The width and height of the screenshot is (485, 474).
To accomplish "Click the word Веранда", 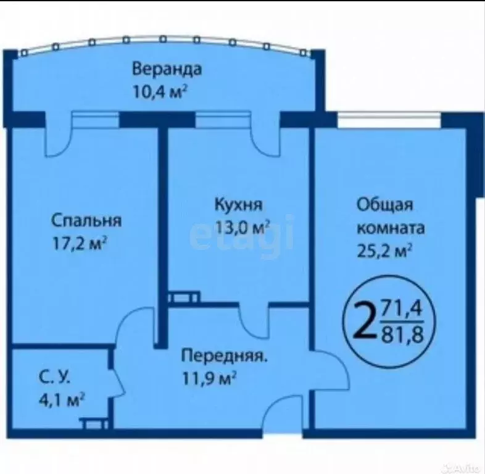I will coord(167,68).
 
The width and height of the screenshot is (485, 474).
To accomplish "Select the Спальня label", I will coord(86,220).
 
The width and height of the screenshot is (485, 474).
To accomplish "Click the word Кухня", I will coord(239,204).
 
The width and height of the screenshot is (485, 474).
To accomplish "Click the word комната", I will coord(390,228).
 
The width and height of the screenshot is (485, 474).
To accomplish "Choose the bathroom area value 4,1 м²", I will coord(59,400).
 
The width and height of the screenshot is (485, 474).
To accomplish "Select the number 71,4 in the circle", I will coord(402,306).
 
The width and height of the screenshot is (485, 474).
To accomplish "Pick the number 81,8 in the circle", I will coord(402,333).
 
